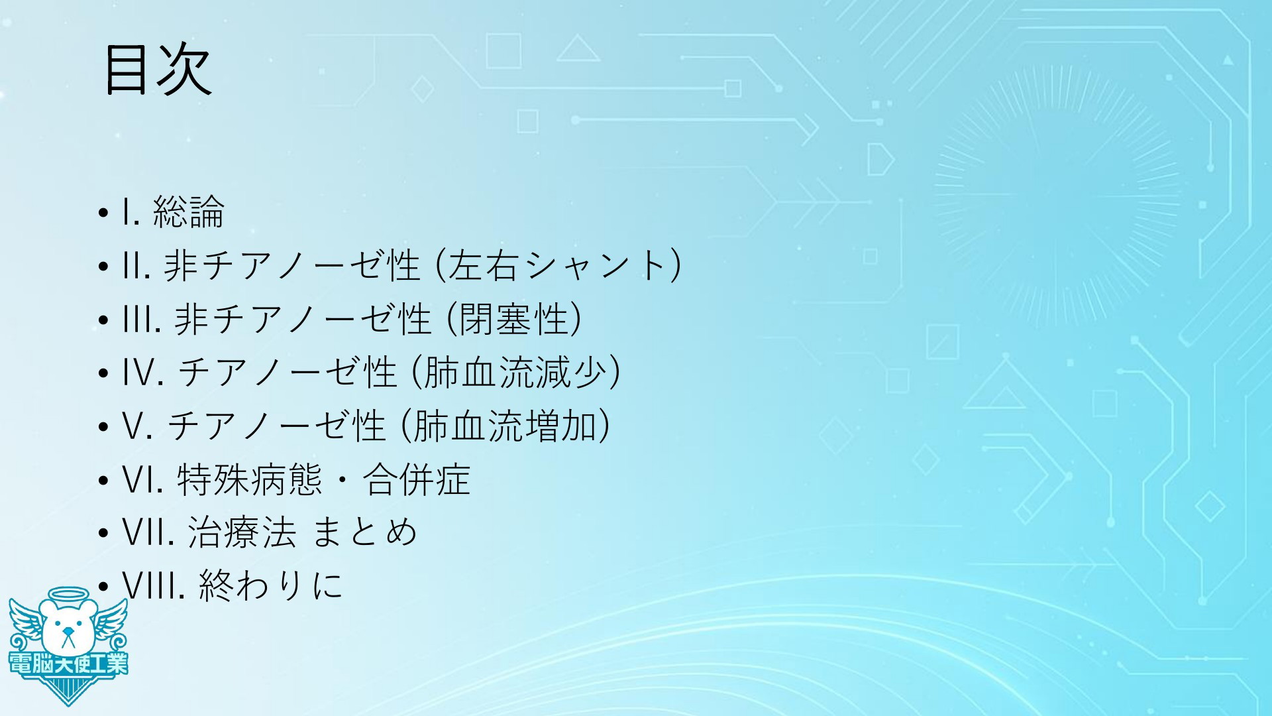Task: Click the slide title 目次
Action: pyautogui.click(x=158, y=70)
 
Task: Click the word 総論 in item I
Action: pyautogui.click(x=189, y=212)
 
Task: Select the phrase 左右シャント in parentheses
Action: pyautogui.click(x=557, y=265)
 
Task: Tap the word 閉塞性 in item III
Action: pyautogui.click(x=513, y=319)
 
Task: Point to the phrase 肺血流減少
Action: pyautogui.click(x=515, y=372)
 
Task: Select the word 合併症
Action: pyautogui.click(x=417, y=479)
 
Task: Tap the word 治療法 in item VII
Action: pyautogui.click(x=242, y=532)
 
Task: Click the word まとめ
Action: pyautogui.click(x=364, y=532)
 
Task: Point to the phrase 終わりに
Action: pyautogui.click(x=271, y=585)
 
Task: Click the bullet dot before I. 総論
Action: pyautogui.click(x=103, y=214)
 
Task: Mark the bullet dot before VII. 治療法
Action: pyautogui.click(x=103, y=534)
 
